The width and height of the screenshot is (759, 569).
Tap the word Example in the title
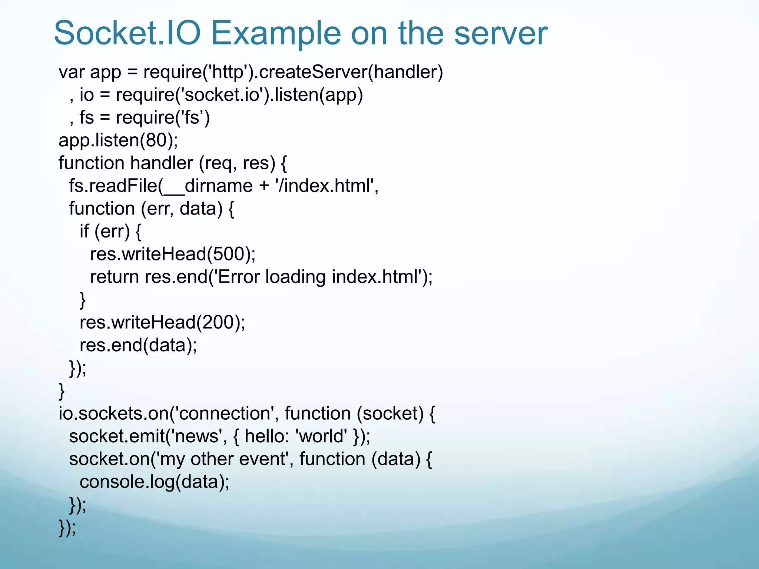[x=276, y=33]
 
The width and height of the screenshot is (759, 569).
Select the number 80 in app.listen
[x=156, y=140]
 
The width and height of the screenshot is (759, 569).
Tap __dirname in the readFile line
[x=208, y=186]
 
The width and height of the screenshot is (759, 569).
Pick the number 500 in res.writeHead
[x=228, y=254]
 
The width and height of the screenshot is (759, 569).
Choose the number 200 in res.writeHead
[x=218, y=322]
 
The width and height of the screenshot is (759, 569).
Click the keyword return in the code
[x=114, y=277]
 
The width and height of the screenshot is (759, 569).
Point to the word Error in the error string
[x=239, y=277]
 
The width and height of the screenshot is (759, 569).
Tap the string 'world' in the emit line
[x=322, y=436]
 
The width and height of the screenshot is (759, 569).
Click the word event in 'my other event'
[x=263, y=459]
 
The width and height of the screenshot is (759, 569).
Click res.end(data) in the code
[x=138, y=345]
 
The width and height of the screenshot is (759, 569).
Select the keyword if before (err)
[x=84, y=231]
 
